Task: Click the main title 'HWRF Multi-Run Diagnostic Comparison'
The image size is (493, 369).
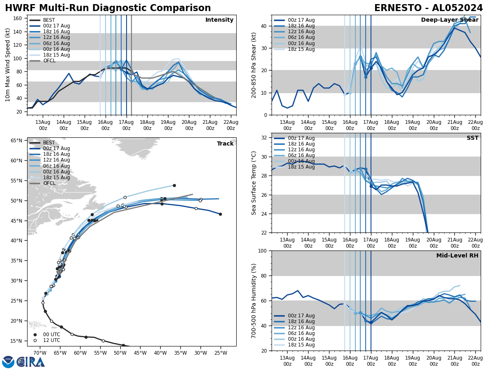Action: pos(108,8)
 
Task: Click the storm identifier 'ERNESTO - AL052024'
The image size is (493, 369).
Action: pos(428,8)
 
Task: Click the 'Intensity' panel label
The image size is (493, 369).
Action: pos(219,20)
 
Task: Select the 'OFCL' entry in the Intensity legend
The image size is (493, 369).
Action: pos(49,61)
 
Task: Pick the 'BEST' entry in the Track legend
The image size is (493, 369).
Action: pos(49,143)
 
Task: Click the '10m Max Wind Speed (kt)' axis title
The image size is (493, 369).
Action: pos(8,65)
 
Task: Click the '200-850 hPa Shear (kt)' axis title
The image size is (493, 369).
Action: pos(253,65)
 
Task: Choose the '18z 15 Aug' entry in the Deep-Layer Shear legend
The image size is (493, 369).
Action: pos(300,49)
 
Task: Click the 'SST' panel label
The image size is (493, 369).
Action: pos(472,138)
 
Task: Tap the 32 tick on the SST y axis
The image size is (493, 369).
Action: pos(265,138)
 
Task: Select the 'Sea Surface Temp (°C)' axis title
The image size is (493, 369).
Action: pos(254,183)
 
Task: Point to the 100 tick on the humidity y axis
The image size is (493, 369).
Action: pos(263,251)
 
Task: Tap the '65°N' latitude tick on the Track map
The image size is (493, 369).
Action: pos(16,141)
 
